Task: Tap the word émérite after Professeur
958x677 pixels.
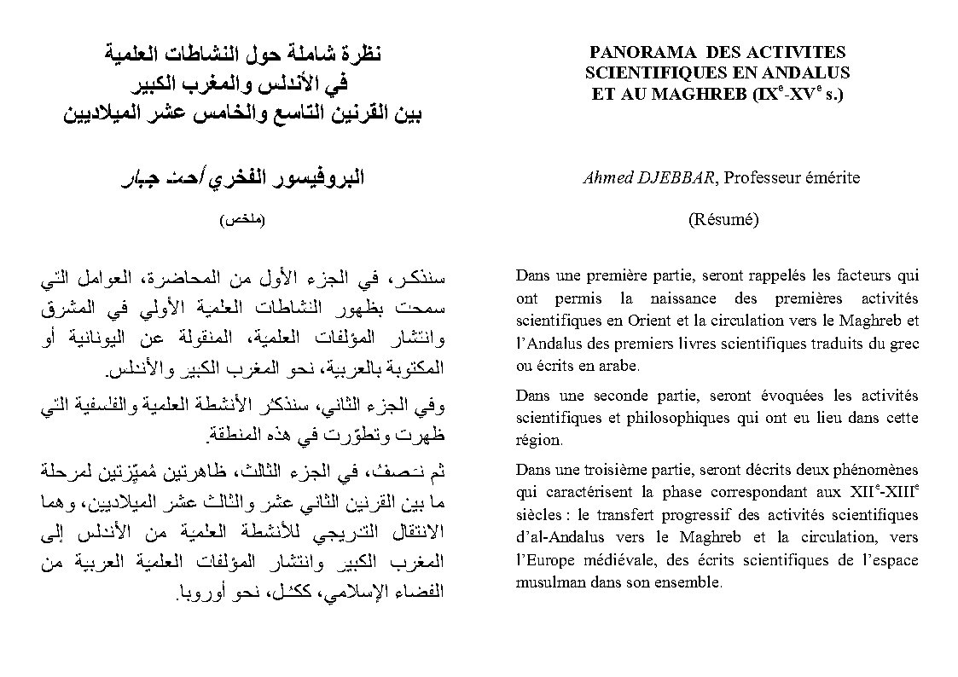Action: point(832,178)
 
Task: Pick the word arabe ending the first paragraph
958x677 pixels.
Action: point(619,367)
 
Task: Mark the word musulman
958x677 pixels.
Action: point(547,584)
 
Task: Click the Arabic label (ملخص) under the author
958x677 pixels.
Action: point(242,219)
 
